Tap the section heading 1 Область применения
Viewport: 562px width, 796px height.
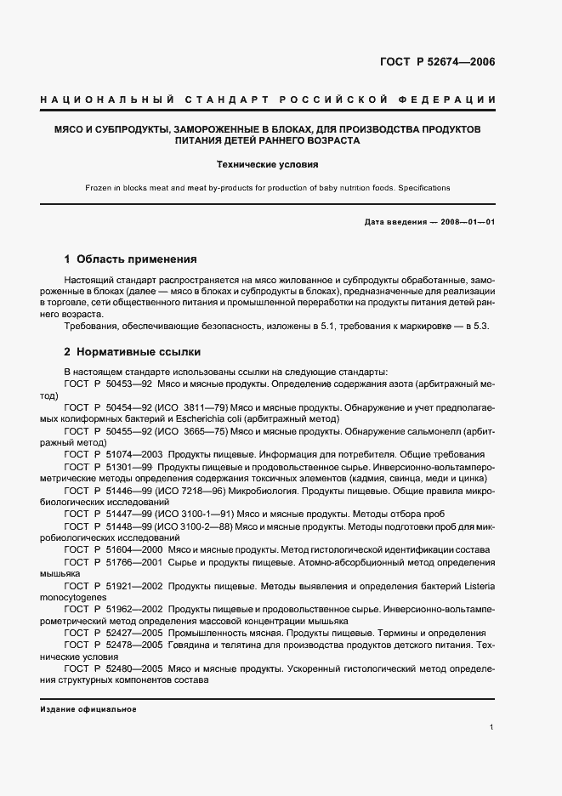tap(131, 259)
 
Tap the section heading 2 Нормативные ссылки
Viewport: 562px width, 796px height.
tap(132, 351)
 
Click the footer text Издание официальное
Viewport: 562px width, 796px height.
tap(88, 709)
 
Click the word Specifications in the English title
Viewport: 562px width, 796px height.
tap(424, 187)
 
